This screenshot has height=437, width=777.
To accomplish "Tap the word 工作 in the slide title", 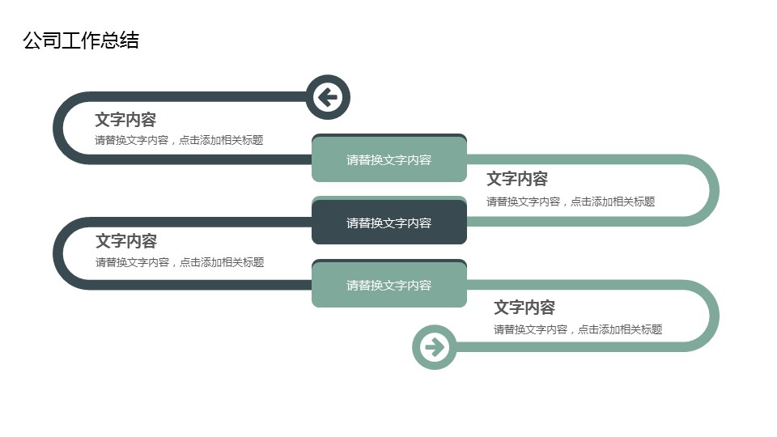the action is (81, 40).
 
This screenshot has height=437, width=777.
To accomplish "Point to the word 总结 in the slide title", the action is (120, 40).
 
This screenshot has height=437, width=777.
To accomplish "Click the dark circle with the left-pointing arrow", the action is (328, 97).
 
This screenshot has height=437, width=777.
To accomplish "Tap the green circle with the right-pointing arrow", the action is (435, 347).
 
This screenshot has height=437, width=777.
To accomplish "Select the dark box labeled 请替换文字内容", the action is (389, 223).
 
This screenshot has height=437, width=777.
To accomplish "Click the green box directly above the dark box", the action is (389, 159).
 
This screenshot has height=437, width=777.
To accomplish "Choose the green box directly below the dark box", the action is (389, 285).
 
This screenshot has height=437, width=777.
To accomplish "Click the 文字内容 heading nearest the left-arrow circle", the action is (125, 120).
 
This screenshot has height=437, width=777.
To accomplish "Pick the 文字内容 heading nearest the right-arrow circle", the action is (524, 308).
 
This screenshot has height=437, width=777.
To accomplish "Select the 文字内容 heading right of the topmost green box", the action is (517, 179).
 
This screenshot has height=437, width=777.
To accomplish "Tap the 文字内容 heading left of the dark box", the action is (126, 241).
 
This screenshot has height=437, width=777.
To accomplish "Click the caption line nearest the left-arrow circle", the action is (179, 140).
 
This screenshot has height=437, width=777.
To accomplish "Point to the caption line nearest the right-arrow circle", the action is (578, 329).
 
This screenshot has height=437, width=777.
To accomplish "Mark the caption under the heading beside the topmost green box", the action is (571, 202).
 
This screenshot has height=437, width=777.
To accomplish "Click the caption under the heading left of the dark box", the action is (180, 262).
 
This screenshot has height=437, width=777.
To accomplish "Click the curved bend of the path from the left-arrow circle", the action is (58, 128).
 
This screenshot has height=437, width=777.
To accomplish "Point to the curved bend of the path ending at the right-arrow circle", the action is (714, 316).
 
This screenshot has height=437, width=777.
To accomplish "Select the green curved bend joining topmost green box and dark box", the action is (714, 190).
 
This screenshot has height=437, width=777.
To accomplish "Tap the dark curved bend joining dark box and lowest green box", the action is (58, 253).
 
